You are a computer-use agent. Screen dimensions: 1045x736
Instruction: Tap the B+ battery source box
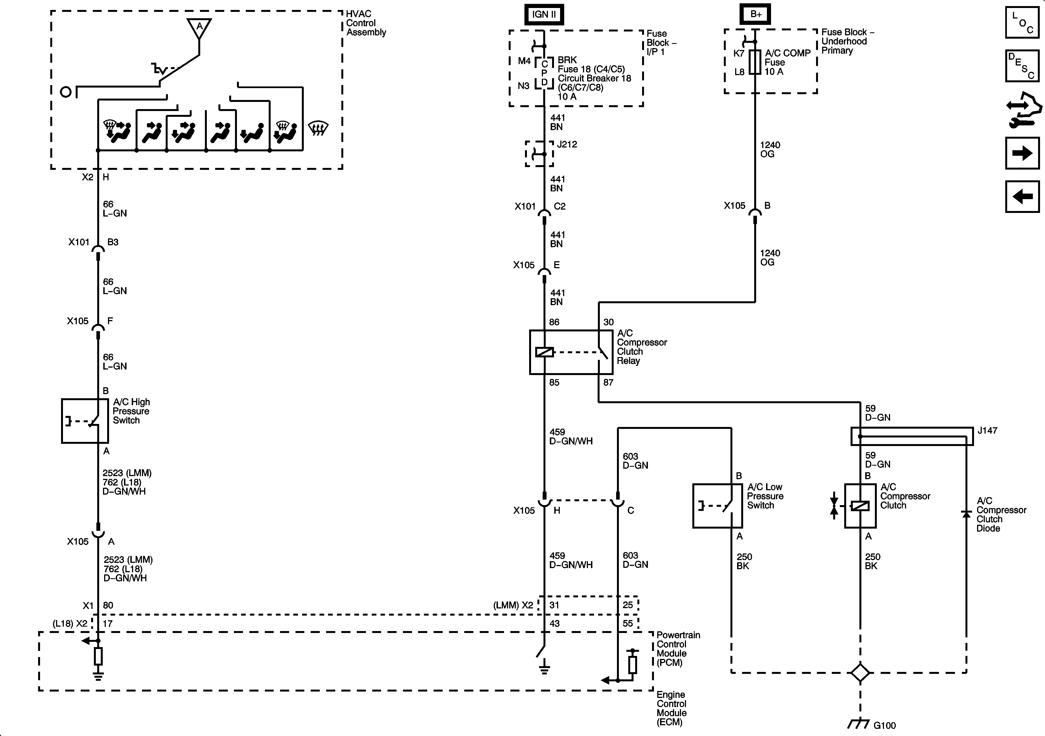point(756,14)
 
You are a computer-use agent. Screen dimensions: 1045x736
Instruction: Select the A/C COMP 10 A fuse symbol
point(755,62)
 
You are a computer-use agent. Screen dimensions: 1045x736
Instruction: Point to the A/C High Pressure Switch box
point(85,421)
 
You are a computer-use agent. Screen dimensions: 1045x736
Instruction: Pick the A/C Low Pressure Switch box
point(717,506)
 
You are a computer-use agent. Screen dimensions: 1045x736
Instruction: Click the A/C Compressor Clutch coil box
point(860,506)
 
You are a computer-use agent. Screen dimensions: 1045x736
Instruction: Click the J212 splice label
point(567,144)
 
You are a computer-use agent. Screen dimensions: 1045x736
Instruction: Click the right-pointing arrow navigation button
point(1022,153)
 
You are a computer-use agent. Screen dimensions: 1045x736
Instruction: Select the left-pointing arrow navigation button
point(1022,197)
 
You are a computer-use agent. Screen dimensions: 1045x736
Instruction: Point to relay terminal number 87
point(608,382)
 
